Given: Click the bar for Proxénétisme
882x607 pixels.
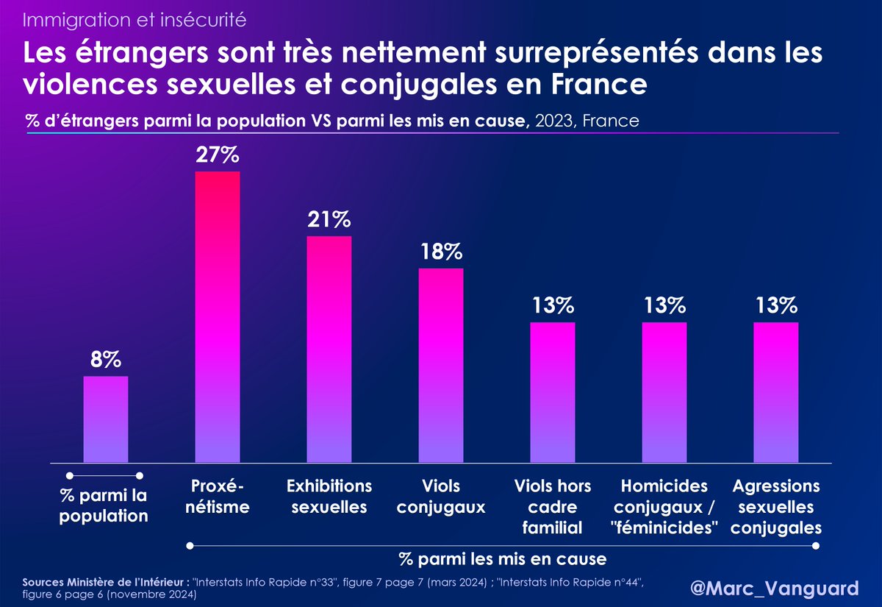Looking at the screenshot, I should (x=218, y=316).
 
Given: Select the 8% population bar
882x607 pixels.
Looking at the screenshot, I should (x=106, y=419).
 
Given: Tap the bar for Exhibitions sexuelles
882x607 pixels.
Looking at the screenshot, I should (x=329, y=349).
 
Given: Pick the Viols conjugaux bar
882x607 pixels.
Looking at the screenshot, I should (x=441, y=366).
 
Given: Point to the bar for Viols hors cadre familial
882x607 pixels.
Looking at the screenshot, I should (x=553, y=392).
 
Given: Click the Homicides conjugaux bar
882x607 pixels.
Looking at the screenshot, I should (x=664, y=392).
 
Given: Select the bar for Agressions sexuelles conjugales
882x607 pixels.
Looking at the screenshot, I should (x=776, y=392).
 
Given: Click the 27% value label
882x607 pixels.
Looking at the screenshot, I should (x=218, y=157).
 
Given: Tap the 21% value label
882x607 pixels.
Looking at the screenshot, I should (x=329, y=220).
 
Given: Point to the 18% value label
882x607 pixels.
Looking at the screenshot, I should (x=441, y=252).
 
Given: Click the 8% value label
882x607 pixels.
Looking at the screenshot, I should (x=106, y=360).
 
